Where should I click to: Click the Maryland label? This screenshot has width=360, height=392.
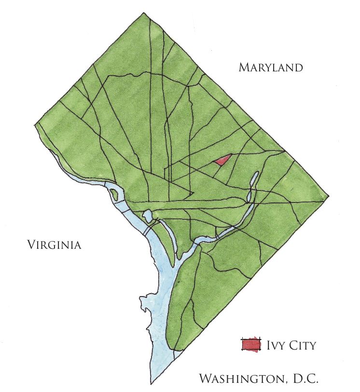tap(271, 68)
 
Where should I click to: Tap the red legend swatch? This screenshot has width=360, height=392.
tap(250, 345)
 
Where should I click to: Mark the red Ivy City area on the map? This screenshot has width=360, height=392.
tap(222, 160)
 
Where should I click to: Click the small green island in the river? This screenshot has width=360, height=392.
tap(114, 195)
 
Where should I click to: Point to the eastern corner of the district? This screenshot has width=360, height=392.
tap(329, 196)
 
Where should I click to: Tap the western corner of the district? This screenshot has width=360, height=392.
tap(35, 124)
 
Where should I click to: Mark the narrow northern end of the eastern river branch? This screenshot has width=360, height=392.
tap(254, 177)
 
